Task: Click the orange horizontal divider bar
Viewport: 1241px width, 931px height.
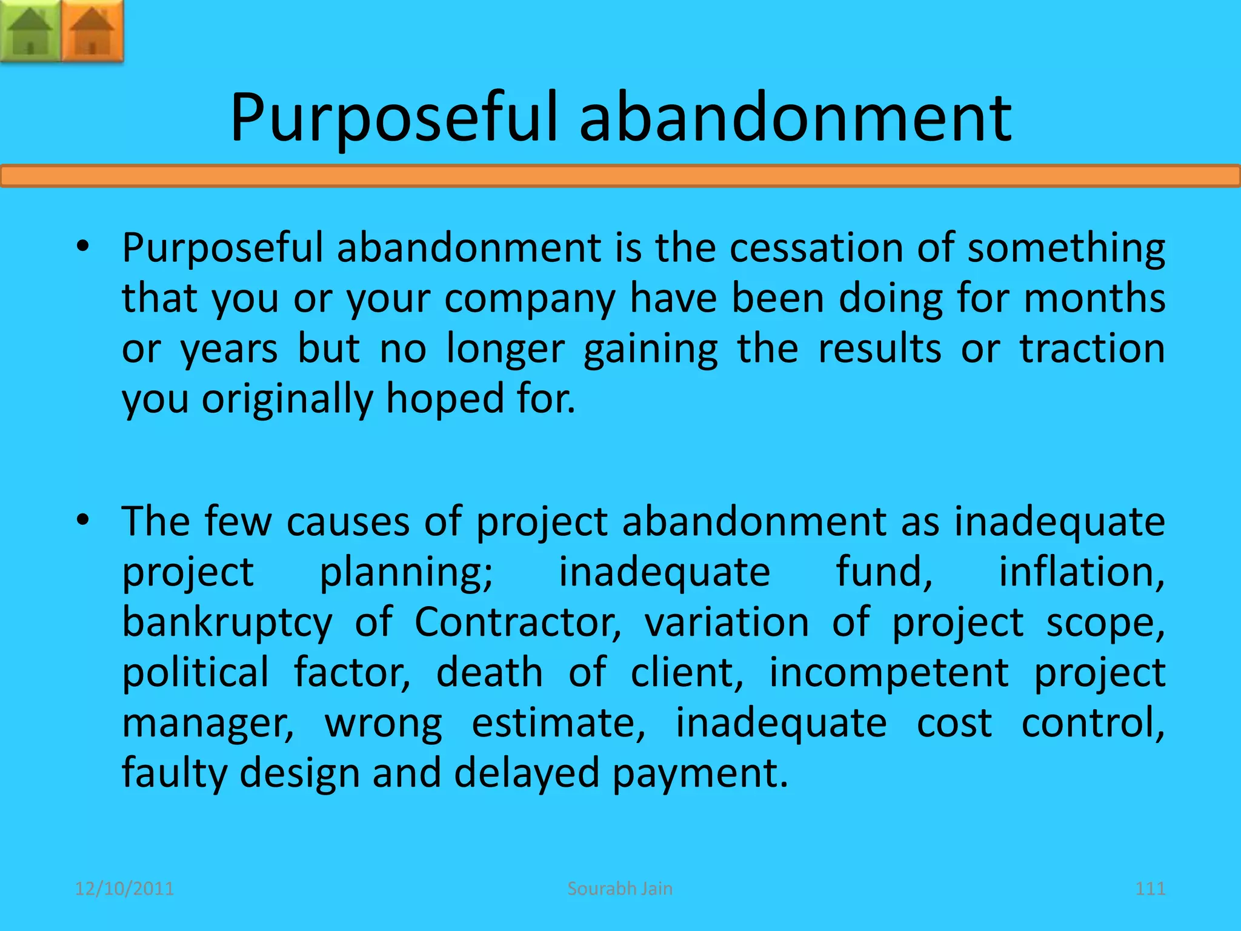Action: [620, 176]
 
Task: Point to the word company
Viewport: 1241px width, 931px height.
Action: [530, 298]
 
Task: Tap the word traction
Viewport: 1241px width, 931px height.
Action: [1092, 349]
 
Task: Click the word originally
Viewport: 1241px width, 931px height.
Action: [287, 399]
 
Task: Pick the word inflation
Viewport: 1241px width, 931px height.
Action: [1081, 572]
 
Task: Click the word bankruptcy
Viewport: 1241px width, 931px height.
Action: [227, 622]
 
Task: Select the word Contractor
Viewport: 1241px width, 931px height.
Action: [518, 622]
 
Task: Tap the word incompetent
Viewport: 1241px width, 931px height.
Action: [889, 672]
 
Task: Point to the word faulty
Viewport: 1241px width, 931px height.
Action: [173, 773]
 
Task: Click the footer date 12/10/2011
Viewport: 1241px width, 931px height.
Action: [124, 889]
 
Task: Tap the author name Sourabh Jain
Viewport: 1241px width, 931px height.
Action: [620, 889]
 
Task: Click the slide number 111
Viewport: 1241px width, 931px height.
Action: [1150, 889]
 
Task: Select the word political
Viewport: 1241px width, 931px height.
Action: [195, 672]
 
